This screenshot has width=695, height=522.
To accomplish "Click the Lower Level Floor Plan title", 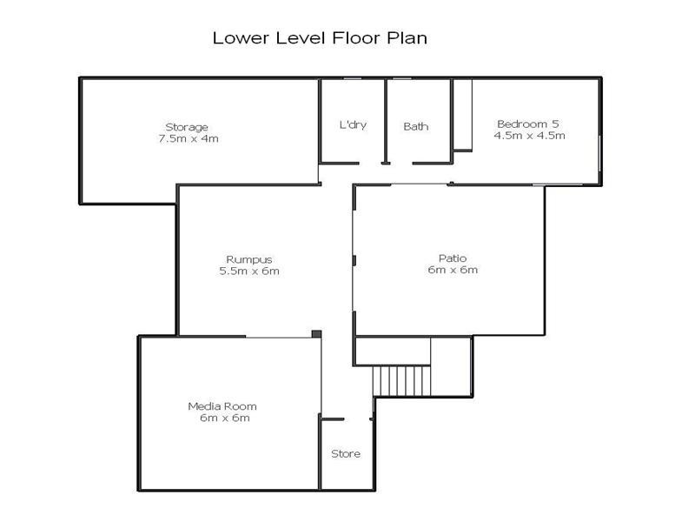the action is coord(320,37).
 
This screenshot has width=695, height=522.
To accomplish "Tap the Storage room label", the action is coord(187,127).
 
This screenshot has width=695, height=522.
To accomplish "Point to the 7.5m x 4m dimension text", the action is coord(189,138).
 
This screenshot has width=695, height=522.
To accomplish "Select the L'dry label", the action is coord(353,124).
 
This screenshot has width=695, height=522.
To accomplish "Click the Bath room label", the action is coord(416,126).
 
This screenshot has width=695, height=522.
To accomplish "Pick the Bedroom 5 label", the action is coord(528,124).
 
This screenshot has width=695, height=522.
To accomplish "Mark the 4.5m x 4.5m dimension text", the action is coord(530,136).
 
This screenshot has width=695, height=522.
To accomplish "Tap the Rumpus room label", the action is coord(249,260).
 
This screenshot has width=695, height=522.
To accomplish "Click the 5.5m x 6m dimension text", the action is coord(249,271).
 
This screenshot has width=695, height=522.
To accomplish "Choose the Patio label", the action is coord(453,258).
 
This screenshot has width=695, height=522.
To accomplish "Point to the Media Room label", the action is coord(222,406).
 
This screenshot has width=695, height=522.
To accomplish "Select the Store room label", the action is coord(346,453).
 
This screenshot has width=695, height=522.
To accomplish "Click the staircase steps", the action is coord(401,381).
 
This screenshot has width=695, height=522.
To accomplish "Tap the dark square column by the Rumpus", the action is coord(316,334).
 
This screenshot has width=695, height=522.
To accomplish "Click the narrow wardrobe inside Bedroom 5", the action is coord(463,116).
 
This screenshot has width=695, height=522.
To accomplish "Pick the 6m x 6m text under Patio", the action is coord(453,270).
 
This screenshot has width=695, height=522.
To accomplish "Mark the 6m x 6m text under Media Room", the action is coord(225,418).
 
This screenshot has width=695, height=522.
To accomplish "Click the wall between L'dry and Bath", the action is coord(386,122).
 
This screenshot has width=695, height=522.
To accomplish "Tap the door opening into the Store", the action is coord(357,419).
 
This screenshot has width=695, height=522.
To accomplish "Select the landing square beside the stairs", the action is coord(451,366).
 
